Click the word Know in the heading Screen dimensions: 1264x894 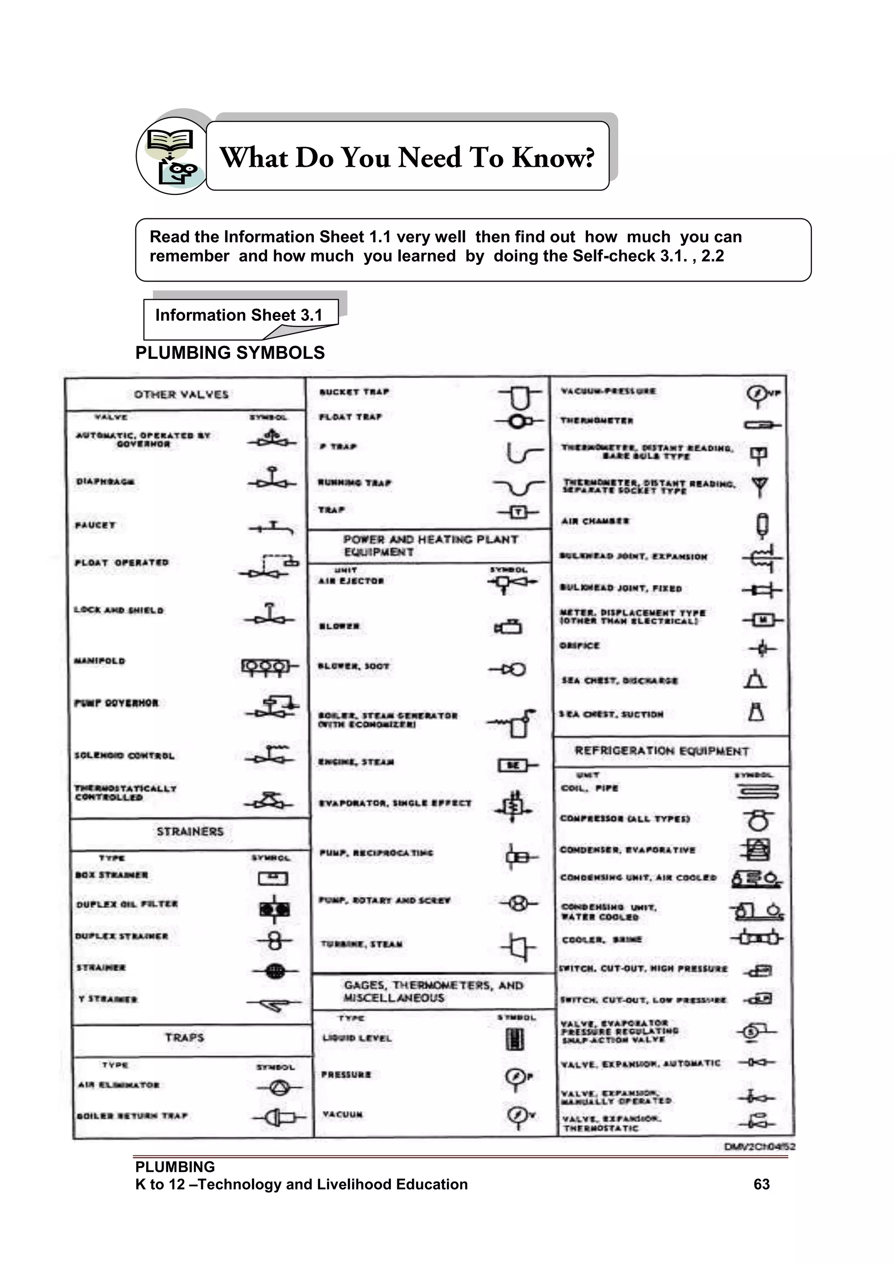pyautogui.click(x=553, y=158)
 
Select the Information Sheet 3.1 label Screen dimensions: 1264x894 pyautogui.click(x=238, y=315)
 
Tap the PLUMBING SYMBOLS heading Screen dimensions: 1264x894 pyautogui.click(x=230, y=353)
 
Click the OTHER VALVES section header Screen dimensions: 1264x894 pyautogui.click(x=181, y=394)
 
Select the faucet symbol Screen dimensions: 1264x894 pyautogui.click(x=272, y=528)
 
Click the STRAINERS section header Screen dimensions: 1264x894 pyautogui.click(x=190, y=832)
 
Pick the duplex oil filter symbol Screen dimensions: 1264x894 pyautogui.click(x=274, y=909)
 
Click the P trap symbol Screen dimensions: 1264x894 pyautogui.click(x=523, y=452)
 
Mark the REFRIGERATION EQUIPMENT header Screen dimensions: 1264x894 pyautogui.click(x=662, y=751)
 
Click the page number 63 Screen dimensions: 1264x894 pyautogui.click(x=761, y=1184)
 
